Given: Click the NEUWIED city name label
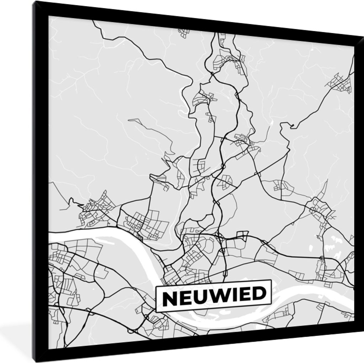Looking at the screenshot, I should click(214, 296).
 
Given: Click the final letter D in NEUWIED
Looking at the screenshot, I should click(258, 293).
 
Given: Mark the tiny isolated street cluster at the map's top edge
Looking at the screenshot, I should click(184, 33).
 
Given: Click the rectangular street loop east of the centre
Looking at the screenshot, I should click(242, 235).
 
